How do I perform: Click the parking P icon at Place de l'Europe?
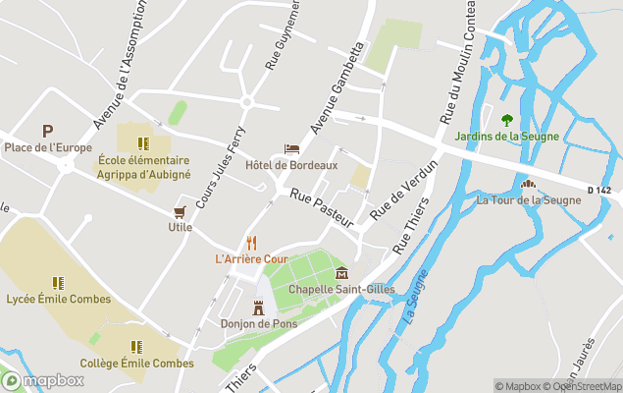46,131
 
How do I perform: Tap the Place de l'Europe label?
48,147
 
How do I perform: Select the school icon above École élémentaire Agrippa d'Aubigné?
143,143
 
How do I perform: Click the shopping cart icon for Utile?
180,211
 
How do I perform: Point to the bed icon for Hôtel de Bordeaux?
291,148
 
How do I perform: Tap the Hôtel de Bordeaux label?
291,165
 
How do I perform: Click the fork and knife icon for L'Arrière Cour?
251,242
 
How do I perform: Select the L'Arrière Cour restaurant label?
251,258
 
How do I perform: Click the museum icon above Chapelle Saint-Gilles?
341,272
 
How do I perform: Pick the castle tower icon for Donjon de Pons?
259,308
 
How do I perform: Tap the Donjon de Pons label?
259,324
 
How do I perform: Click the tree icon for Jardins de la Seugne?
507,120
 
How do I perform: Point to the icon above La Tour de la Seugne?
528,184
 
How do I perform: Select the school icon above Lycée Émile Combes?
58,282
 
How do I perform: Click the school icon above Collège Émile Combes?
136,346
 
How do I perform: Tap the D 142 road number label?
600,190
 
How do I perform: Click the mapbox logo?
43,380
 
